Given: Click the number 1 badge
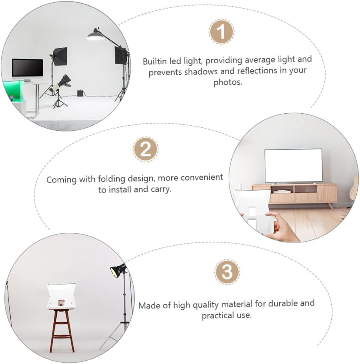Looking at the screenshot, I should click(222, 32).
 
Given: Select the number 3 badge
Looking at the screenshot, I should click(227, 271).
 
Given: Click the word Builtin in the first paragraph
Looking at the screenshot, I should click(155, 61).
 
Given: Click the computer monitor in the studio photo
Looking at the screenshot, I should click(27, 68).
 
